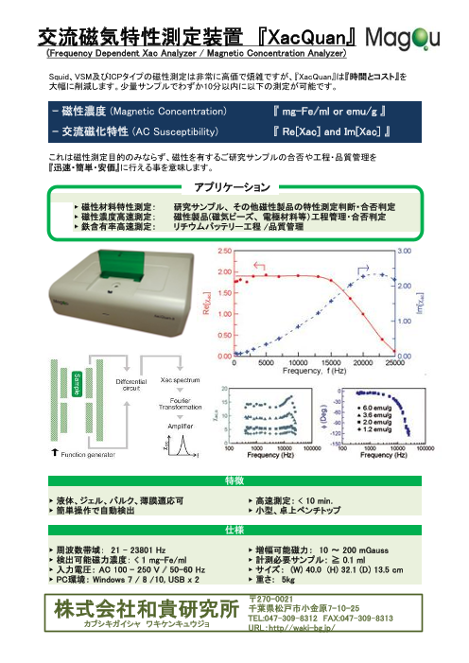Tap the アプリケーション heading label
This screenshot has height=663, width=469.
point(234,185)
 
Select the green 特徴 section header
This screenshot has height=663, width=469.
point(234,480)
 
